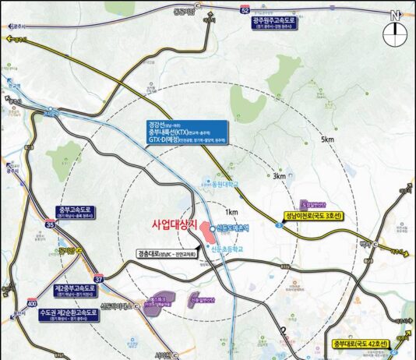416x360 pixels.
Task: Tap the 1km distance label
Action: pos(231,212)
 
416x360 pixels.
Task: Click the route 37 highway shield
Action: pos(98,277)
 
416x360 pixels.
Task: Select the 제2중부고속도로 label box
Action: pos(75,291)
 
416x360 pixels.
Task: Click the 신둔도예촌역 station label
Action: pos(232,228)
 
